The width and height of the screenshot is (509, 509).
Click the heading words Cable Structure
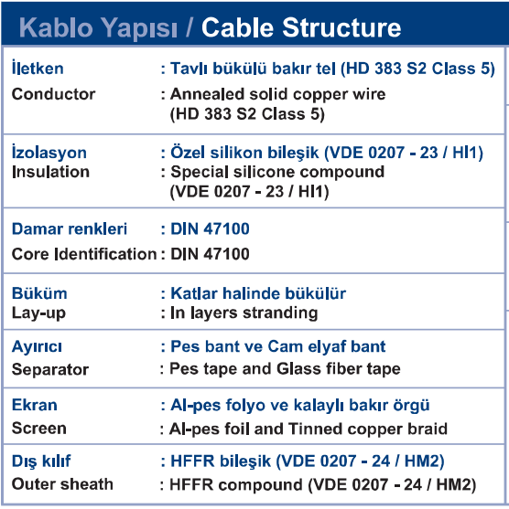(301, 27)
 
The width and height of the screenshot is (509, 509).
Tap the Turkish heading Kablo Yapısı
(98, 28)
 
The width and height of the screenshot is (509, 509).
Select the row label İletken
(38, 68)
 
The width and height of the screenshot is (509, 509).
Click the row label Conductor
(54, 94)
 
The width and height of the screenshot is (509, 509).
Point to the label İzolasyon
(49, 152)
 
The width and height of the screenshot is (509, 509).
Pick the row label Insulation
(50, 172)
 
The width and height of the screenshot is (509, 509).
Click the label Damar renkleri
(70, 228)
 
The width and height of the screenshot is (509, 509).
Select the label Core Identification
(84, 254)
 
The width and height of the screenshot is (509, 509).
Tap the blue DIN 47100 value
(211, 228)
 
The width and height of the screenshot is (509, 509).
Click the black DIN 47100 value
(211, 254)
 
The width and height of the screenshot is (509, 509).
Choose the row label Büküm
(39, 293)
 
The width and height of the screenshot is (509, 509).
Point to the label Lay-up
(38, 313)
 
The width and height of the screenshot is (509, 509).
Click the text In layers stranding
(244, 313)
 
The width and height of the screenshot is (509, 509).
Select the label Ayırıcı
(37, 346)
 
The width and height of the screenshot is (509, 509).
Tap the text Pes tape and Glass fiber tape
(286, 369)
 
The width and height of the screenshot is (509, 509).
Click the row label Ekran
(35, 405)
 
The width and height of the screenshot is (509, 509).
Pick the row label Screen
(39, 429)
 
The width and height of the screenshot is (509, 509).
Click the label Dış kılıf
(41, 461)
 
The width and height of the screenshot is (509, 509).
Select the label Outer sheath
(62, 484)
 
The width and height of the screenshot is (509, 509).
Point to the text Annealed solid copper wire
(278, 94)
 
